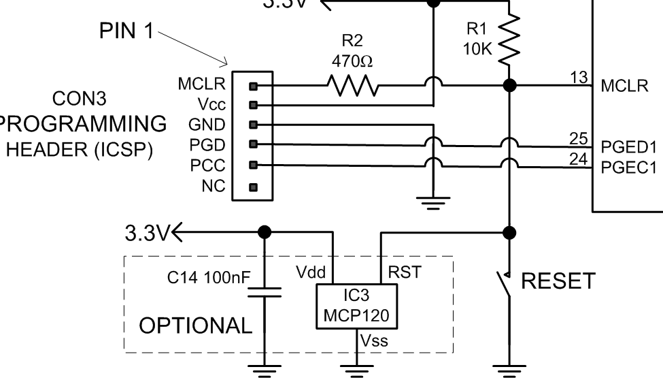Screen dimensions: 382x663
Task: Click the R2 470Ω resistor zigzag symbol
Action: (x=353, y=86)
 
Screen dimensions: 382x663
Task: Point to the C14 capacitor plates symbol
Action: (x=266, y=293)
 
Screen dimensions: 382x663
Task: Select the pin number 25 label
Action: (x=579, y=139)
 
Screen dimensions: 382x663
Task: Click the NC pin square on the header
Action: (x=254, y=186)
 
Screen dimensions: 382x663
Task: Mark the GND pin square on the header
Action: (x=254, y=125)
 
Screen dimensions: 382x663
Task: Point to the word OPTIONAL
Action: (x=196, y=325)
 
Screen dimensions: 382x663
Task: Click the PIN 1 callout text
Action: (x=127, y=33)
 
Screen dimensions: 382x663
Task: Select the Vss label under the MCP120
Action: (x=375, y=340)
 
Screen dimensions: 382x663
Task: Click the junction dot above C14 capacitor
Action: (x=265, y=232)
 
